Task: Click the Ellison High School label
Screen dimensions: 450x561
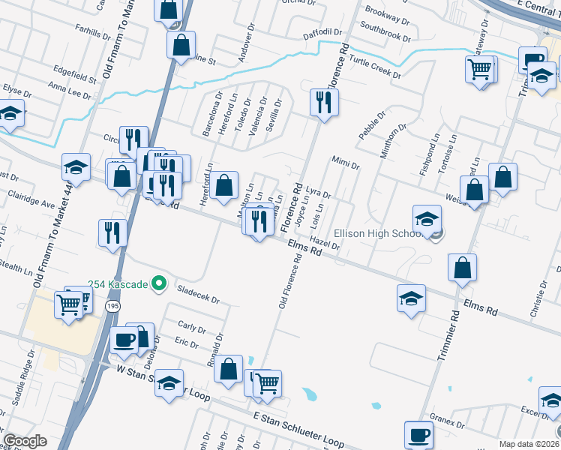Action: [379, 234]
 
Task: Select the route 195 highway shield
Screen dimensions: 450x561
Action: [112, 307]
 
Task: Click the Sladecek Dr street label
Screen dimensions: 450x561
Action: [197, 294]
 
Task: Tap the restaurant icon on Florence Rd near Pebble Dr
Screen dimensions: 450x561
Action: [323, 103]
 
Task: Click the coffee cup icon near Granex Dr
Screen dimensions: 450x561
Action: [418, 434]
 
